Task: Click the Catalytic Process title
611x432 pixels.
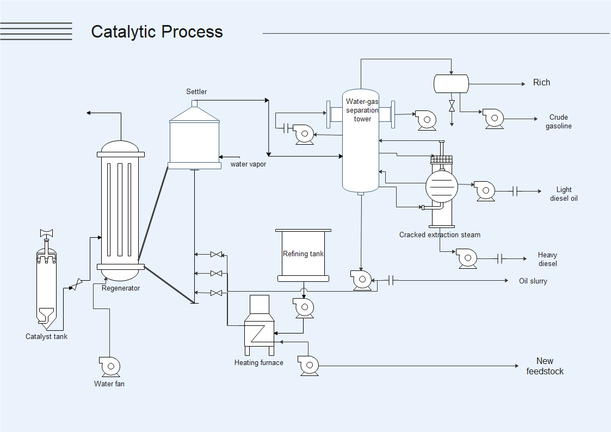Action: [x=157, y=32]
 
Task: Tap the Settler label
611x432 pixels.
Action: [x=196, y=91]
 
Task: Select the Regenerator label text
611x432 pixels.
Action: [x=121, y=288]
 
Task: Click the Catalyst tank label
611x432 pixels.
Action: [x=46, y=336]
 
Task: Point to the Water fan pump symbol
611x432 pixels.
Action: [x=109, y=366]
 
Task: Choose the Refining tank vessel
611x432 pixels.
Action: [x=303, y=255]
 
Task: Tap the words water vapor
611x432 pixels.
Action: [x=248, y=164]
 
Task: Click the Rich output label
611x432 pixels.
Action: [x=541, y=83]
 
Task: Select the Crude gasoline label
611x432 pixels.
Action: [x=559, y=122]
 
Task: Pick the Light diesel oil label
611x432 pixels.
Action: [x=564, y=194]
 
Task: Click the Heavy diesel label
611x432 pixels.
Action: [x=547, y=260]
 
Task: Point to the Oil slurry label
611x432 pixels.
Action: [x=533, y=281]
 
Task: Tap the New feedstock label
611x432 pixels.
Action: [x=545, y=366]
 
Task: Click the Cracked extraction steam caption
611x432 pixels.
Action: [x=440, y=235]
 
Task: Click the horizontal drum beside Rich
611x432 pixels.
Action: [x=451, y=84]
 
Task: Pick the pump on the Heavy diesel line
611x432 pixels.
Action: [x=467, y=258]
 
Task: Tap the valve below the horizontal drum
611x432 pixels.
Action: [x=452, y=106]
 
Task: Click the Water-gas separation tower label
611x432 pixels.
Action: [x=362, y=110]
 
